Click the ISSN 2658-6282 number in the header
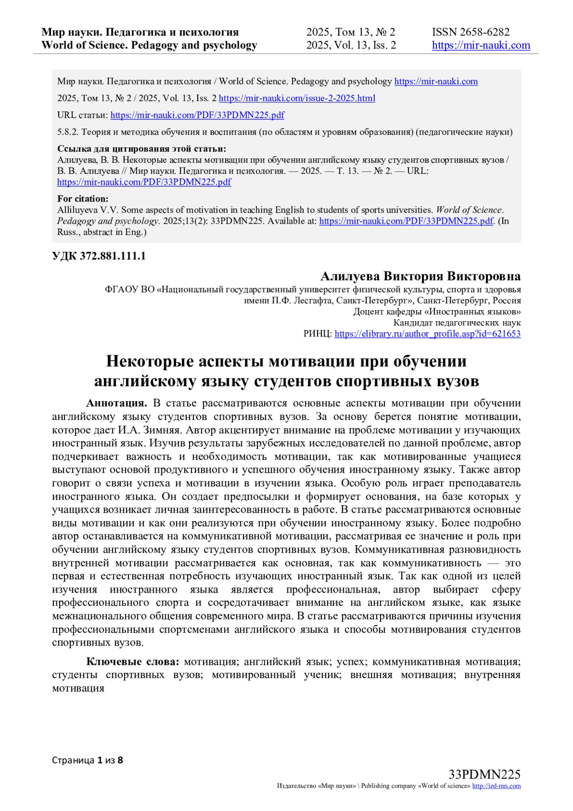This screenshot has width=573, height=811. [470, 32]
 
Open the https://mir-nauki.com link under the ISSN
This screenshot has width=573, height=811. [481, 45]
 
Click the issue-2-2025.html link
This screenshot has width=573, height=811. [297, 98]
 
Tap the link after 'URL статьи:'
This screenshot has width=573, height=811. [197, 115]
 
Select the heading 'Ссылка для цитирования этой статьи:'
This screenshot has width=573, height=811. [141, 149]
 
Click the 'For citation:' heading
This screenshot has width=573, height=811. [83, 199]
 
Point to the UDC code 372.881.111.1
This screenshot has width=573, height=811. [99, 256]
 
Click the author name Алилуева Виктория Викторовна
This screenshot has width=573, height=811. [420, 276]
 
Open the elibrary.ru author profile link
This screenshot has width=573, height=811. [427, 334]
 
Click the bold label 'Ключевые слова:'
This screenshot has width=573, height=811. [132, 662]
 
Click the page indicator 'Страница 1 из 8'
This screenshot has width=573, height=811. [87, 760]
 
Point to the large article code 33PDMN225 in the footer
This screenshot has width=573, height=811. [484, 774]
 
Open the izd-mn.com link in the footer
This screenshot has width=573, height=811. [496, 786]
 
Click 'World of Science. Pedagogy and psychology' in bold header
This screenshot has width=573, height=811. [149, 45]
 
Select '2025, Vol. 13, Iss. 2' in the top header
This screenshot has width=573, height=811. [351, 45]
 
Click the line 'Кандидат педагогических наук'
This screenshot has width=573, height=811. [457, 323]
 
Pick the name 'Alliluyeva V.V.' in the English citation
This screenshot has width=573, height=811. [88, 210]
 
